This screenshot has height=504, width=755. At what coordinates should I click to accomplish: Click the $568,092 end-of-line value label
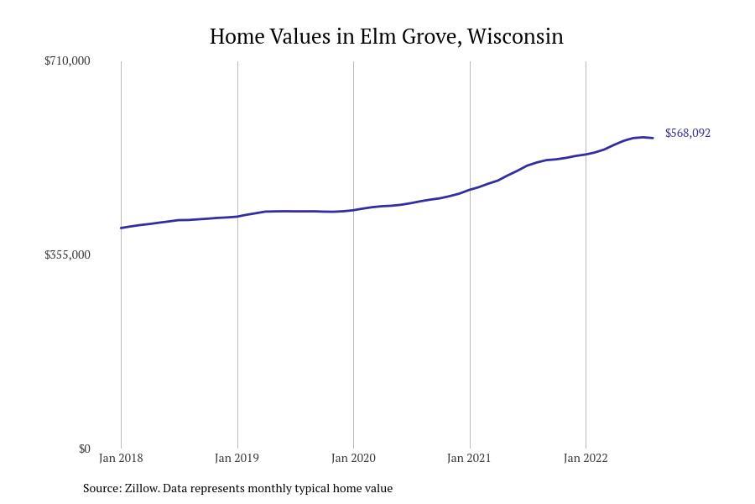[687, 133]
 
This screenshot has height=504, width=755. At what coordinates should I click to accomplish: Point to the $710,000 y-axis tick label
[67, 60]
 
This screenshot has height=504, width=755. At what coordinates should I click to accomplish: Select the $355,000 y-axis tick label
[67, 255]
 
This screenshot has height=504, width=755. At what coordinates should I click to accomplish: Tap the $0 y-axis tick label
[84, 449]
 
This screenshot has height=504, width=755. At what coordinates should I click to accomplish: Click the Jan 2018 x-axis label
[121, 458]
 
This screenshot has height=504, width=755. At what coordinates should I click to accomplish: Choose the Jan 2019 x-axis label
[237, 458]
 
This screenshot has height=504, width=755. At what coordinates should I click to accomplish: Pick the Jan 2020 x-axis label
[353, 458]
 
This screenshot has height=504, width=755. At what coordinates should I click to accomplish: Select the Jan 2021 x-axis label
[469, 458]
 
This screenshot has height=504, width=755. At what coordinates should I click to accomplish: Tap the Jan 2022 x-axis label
[586, 458]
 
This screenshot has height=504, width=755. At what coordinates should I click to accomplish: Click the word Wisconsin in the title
[515, 37]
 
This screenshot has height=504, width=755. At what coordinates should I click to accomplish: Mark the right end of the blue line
[653, 138]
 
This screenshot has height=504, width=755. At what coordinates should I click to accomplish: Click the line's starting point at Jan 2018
[121, 228]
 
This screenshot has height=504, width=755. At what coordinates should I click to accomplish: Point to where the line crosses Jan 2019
[237, 216]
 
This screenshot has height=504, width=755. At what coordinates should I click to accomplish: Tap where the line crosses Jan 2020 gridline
[353, 209]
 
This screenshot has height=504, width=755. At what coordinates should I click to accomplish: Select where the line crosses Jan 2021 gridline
[470, 190]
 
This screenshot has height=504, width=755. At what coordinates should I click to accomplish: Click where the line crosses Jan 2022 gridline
[586, 154]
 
